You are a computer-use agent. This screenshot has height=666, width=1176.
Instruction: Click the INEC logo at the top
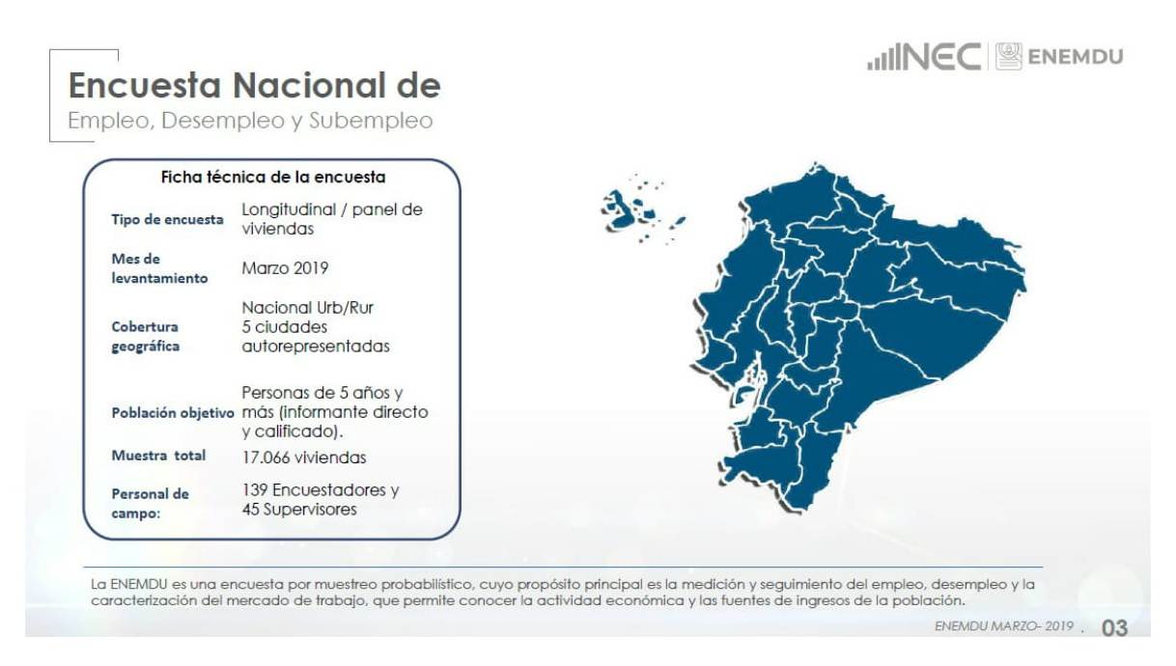[x=924, y=56]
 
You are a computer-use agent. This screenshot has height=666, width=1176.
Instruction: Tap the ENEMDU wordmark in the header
[x=1076, y=57]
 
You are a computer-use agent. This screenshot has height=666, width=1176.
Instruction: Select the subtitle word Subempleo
[x=371, y=121]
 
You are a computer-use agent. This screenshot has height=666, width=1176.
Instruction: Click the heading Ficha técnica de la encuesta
[x=273, y=178]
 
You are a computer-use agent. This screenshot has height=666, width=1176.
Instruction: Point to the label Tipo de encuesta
[x=167, y=219]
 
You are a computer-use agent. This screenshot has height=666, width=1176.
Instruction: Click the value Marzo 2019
[x=285, y=268]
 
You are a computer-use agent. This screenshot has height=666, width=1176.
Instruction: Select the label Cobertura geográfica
[x=146, y=337]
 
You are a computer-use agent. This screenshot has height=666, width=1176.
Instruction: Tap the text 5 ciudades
[x=284, y=327]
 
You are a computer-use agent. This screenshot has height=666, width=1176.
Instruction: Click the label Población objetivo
[x=173, y=413]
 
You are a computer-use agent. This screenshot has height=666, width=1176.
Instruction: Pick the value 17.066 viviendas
[x=304, y=458]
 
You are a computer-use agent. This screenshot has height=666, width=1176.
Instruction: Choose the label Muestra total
[x=158, y=456]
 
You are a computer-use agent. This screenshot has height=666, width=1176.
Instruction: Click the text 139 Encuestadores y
[x=321, y=490]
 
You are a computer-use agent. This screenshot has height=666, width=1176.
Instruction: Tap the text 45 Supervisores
[x=299, y=509]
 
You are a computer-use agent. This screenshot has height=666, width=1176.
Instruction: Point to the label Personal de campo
[x=151, y=503]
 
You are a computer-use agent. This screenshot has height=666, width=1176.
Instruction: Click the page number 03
[x=1114, y=628]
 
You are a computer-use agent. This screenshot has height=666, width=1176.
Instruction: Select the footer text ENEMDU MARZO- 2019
[x=1004, y=626]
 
